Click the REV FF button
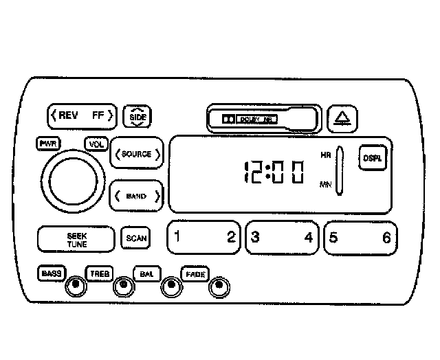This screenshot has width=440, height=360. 82,115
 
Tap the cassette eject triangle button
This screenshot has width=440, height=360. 341,119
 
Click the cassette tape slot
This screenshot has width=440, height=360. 263,118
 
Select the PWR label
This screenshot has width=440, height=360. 48,144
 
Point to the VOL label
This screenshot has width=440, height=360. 95,144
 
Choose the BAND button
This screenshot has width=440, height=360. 137,196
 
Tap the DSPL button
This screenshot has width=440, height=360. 372,157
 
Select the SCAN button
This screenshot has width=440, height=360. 135,238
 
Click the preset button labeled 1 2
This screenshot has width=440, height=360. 204,238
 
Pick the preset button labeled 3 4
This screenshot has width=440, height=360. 282,238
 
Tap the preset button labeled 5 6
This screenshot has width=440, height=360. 360,238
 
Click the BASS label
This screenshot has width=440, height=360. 51,273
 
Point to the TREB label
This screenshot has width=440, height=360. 99,273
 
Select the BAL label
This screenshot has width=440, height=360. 146,273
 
